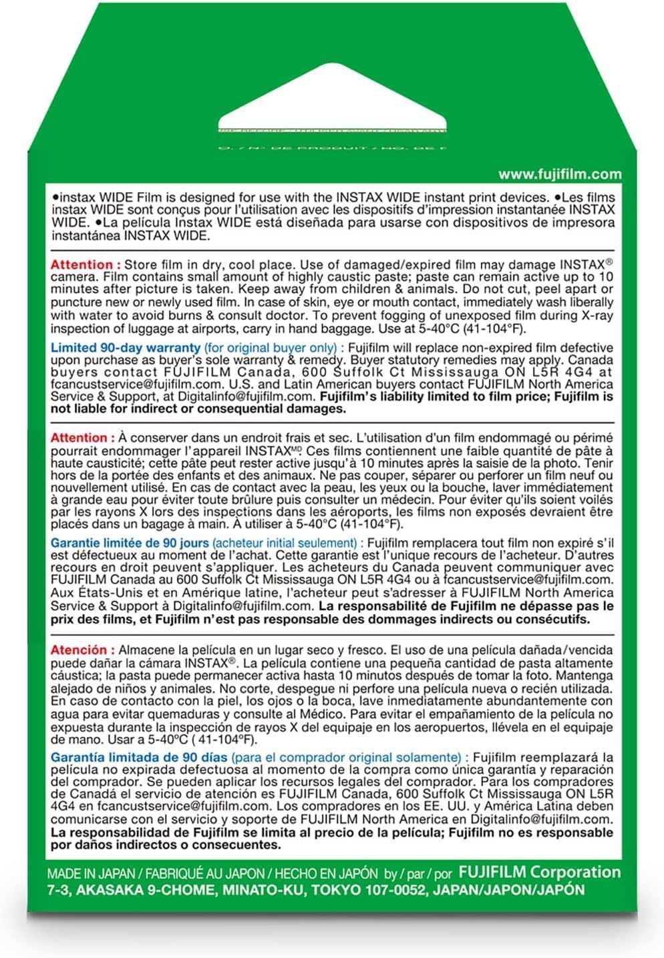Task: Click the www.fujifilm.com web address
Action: [560, 174]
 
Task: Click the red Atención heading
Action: [79, 650]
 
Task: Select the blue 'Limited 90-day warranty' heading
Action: [126, 347]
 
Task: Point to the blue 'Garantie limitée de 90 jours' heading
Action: [130, 543]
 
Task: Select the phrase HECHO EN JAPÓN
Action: [323, 873]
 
